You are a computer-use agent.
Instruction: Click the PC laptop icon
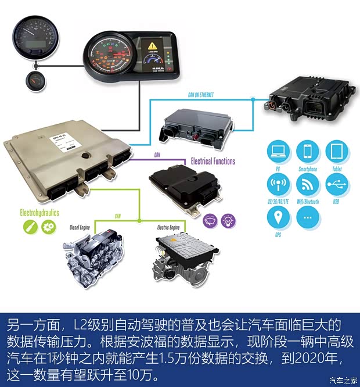pos(279,152)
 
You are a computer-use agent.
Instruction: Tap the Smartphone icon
pos(308,152)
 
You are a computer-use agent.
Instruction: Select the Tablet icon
pos(337,152)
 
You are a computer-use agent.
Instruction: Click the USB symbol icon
pos(337,185)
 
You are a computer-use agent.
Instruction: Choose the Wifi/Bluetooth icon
pos(308,185)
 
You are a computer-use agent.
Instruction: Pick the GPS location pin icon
pos(279,218)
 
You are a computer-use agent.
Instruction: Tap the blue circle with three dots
pos(308,218)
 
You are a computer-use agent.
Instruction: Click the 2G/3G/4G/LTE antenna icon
pos(279,185)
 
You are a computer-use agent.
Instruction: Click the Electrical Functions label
pos(213,161)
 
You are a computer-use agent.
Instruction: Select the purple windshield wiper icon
pos(209,220)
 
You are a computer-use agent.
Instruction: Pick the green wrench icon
pos(27,228)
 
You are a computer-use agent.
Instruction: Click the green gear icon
pos(47,228)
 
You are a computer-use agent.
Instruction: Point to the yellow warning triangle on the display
pos(153,44)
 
